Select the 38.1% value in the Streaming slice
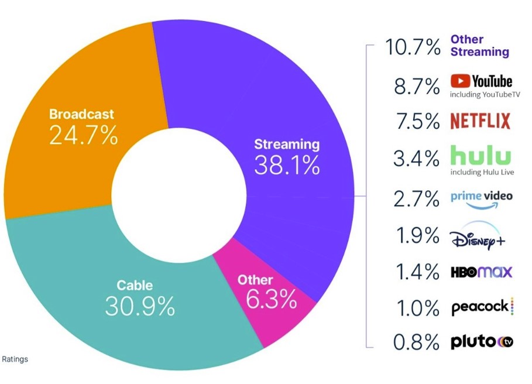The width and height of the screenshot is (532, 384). coord(287,166)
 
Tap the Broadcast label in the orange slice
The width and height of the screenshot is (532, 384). coord(81,114)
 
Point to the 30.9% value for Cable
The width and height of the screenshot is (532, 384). coord(140,306)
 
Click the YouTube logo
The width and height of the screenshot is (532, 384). coord(481,81)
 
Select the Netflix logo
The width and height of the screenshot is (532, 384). coord(480,121)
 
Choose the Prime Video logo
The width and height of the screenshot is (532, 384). coord(481,198)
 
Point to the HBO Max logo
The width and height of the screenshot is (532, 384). coord(481,272)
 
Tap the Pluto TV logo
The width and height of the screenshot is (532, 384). coord(482,342)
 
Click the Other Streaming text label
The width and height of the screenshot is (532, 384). coord(479,46)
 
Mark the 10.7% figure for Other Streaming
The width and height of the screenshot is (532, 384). coord(413,47)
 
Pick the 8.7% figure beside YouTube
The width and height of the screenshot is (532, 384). coord(416,86)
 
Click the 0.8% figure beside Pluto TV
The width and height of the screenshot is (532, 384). coord(416,342)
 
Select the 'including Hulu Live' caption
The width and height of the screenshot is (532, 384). coord(480,172)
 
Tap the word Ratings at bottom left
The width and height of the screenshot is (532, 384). coord(15,359)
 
